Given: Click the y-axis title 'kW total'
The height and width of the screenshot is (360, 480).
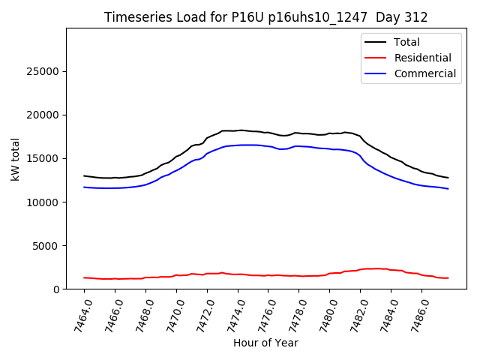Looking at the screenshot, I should tap(15, 158).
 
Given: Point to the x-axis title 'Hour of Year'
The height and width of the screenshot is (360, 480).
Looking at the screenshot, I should tap(265, 343).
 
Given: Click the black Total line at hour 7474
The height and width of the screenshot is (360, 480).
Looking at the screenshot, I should tap(238, 130).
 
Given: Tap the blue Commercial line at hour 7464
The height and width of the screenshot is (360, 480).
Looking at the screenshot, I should tap(85, 187).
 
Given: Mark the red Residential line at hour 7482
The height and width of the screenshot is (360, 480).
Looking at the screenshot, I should tap(360, 269).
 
